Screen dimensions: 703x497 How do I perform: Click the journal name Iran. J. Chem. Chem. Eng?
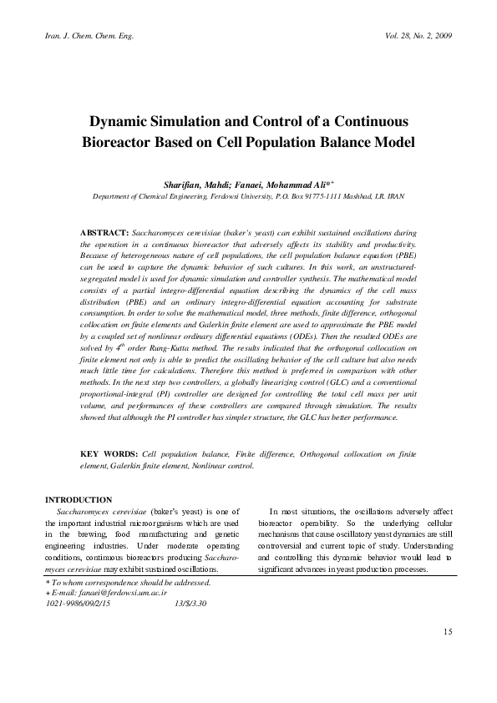(x=88, y=36)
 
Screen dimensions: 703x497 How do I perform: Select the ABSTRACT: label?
(x=104, y=230)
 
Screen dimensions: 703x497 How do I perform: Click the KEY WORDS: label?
(x=109, y=453)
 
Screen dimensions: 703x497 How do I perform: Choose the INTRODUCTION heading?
(x=79, y=499)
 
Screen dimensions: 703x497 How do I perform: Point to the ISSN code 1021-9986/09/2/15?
(x=78, y=602)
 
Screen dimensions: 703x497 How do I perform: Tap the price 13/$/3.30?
(x=191, y=602)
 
